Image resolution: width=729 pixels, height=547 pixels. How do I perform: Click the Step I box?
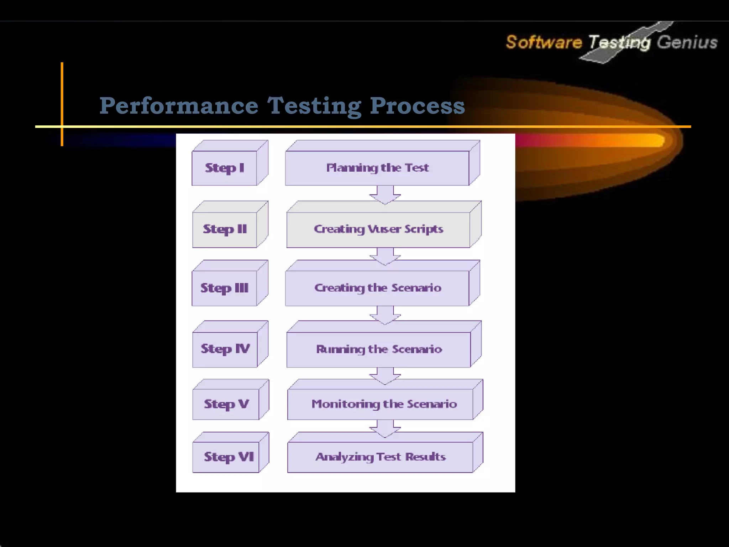tap(224, 168)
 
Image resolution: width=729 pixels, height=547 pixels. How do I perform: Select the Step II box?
tap(225, 229)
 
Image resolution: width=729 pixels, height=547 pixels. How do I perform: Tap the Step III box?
tap(224, 288)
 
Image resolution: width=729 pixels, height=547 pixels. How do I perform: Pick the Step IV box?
tap(225, 349)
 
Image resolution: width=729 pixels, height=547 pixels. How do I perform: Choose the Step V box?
tap(226, 404)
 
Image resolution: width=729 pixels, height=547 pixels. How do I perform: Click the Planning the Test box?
tap(377, 168)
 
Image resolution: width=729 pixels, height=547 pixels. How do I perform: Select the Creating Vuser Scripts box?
tap(378, 229)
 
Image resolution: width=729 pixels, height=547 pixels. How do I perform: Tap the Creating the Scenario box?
tap(377, 288)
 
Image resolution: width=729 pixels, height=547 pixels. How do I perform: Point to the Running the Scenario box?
tap(379, 349)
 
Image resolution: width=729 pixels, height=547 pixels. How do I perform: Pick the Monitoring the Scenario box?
tap(384, 404)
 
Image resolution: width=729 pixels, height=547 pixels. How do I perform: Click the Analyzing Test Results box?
tap(380, 457)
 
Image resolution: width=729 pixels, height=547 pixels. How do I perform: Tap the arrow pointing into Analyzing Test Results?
tap(385, 428)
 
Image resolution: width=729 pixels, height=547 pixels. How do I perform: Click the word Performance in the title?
tap(179, 106)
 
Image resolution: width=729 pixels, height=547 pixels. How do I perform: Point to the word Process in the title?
tap(417, 106)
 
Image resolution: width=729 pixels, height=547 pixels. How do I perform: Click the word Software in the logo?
tap(544, 42)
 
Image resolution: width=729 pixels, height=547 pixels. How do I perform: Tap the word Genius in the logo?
tap(687, 42)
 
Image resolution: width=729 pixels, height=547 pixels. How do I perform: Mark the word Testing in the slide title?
tap(314, 106)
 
